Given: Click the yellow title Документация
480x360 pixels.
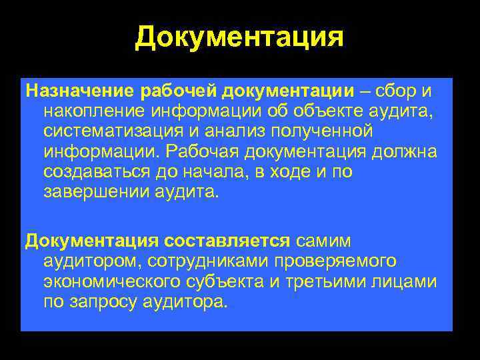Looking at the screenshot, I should pos(239,38).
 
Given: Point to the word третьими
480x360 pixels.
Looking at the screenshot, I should pos(321,282).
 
